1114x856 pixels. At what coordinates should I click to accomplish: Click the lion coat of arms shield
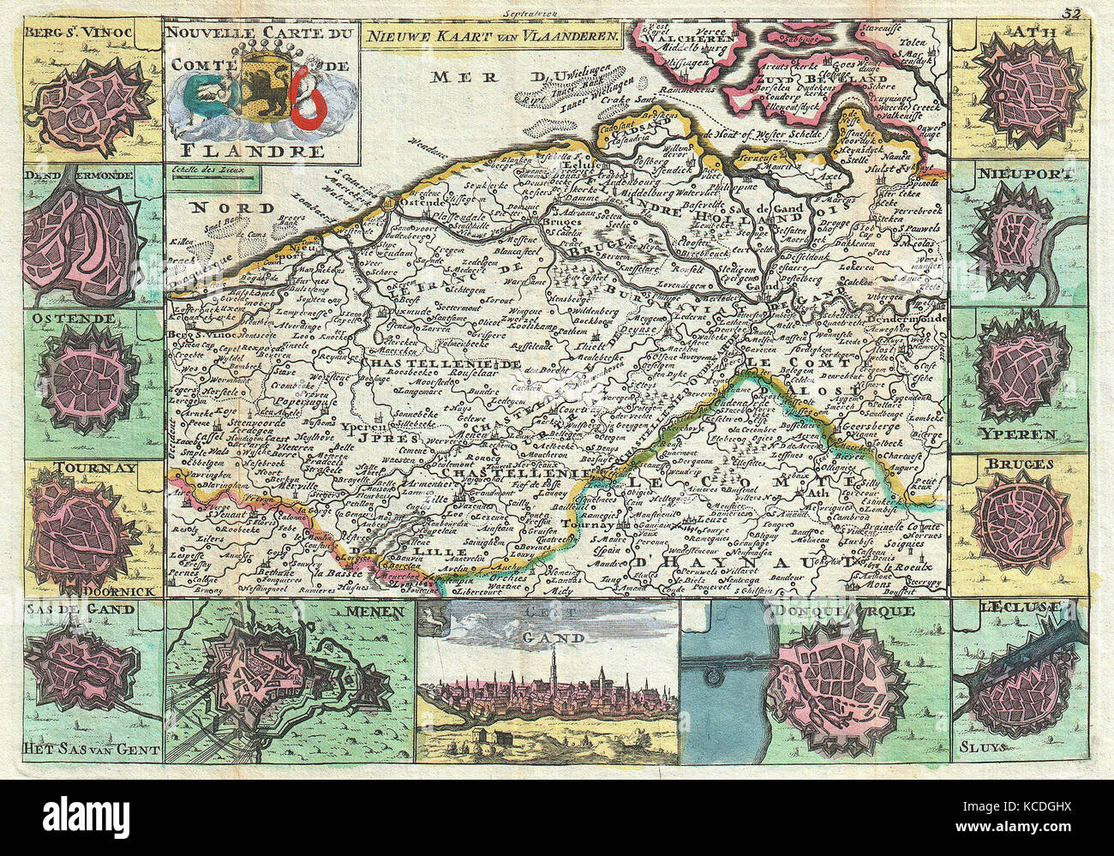255,94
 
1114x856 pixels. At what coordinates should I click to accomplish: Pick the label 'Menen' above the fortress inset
380,611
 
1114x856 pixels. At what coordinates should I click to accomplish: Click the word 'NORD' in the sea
220,207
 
